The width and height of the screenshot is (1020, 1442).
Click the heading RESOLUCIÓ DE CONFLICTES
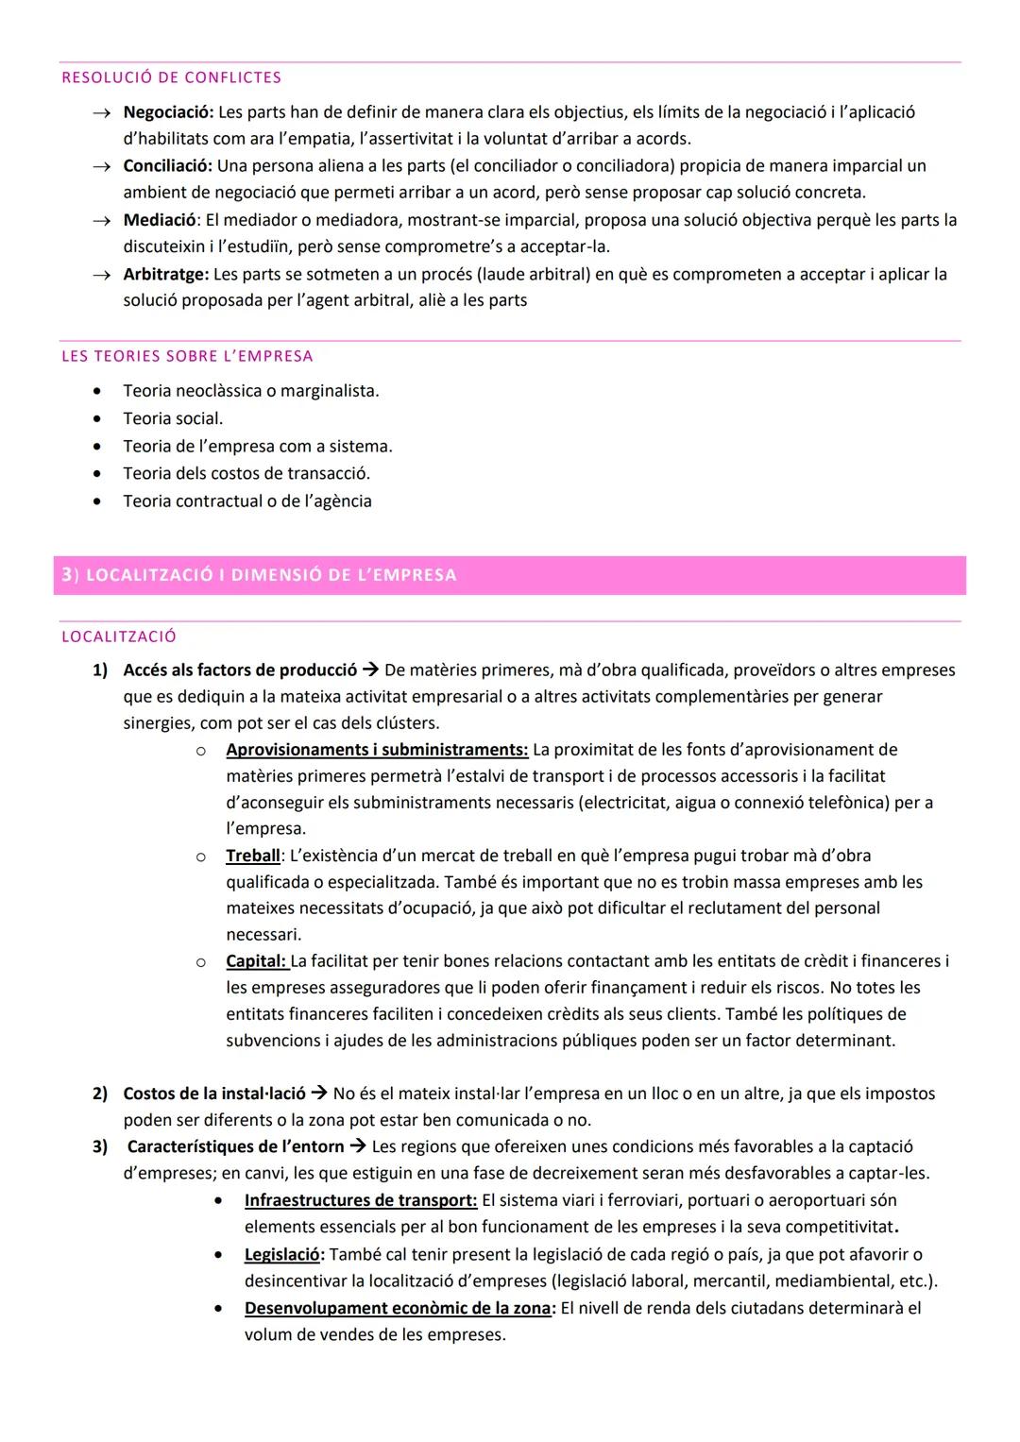(x=171, y=77)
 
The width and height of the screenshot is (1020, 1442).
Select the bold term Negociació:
(x=168, y=112)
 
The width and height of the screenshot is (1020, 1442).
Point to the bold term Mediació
(x=160, y=220)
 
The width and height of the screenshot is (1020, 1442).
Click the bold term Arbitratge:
(x=165, y=275)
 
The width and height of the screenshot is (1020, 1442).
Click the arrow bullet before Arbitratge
(x=100, y=275)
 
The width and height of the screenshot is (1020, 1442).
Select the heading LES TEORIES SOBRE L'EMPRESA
(x=187, y=356)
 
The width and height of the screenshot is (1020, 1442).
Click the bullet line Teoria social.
(x=173, y=418)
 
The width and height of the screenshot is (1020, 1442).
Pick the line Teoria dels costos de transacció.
(x=246, y=473)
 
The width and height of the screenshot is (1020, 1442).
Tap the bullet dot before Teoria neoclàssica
(x=97, y=391)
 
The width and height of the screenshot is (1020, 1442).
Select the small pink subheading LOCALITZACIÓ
(x=119, y=636)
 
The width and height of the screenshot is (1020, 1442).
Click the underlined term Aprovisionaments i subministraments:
(x=377, y=750)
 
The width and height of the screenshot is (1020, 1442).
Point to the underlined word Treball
(x=253, y=856)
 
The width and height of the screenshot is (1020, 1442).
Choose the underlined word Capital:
(x=256, y=961)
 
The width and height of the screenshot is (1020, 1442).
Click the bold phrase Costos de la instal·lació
(x=214, y=1094)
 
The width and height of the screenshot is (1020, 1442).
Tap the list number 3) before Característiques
(x=100, y=1146)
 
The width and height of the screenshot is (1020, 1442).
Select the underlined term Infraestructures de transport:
(x=361, y=1200)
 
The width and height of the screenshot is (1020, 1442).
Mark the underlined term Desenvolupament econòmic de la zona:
(x=400, y=1309)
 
